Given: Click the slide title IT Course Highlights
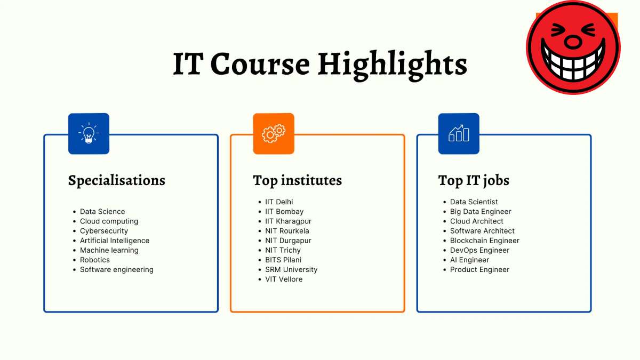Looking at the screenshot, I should (320, 64).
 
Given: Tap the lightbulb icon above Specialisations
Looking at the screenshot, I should (89, 134).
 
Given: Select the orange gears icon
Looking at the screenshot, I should (274, 134).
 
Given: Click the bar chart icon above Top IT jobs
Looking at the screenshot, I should (459, 134).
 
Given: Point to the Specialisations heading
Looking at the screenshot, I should (116, 181).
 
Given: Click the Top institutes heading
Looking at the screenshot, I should (297, 181).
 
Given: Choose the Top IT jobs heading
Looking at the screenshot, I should (474, 181).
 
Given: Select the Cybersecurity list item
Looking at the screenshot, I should (104, 231).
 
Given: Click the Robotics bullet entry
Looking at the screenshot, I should (95, 260).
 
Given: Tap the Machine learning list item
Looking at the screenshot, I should (109, 250).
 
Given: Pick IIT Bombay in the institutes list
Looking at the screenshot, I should (284, 212).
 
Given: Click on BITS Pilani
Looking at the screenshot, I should (283, 260).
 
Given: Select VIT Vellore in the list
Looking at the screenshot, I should (284, 279).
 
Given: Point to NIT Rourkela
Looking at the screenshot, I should (287, 231).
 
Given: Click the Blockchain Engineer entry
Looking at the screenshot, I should (484, 241).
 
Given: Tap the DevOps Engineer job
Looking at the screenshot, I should (479, 250).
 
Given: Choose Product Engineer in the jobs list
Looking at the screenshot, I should (479, 269).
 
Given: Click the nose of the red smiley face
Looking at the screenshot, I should (573, 41).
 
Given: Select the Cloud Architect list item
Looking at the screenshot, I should (476, 221).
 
